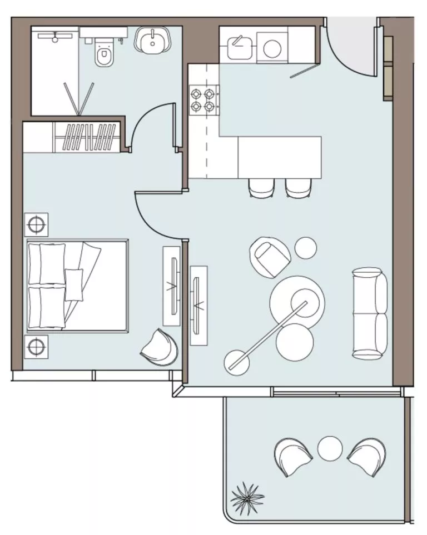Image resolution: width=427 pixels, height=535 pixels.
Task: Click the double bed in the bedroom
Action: pos(76,285)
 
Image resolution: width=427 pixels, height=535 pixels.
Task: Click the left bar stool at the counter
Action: pos(261,188)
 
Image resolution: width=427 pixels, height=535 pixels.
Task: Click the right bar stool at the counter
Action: pos(299,188)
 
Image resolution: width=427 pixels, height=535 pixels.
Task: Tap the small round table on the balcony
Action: pos(329,448)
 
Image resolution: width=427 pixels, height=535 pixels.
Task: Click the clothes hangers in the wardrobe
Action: pos(90,138)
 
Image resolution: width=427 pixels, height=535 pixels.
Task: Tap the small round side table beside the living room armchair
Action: pos(305,248)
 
